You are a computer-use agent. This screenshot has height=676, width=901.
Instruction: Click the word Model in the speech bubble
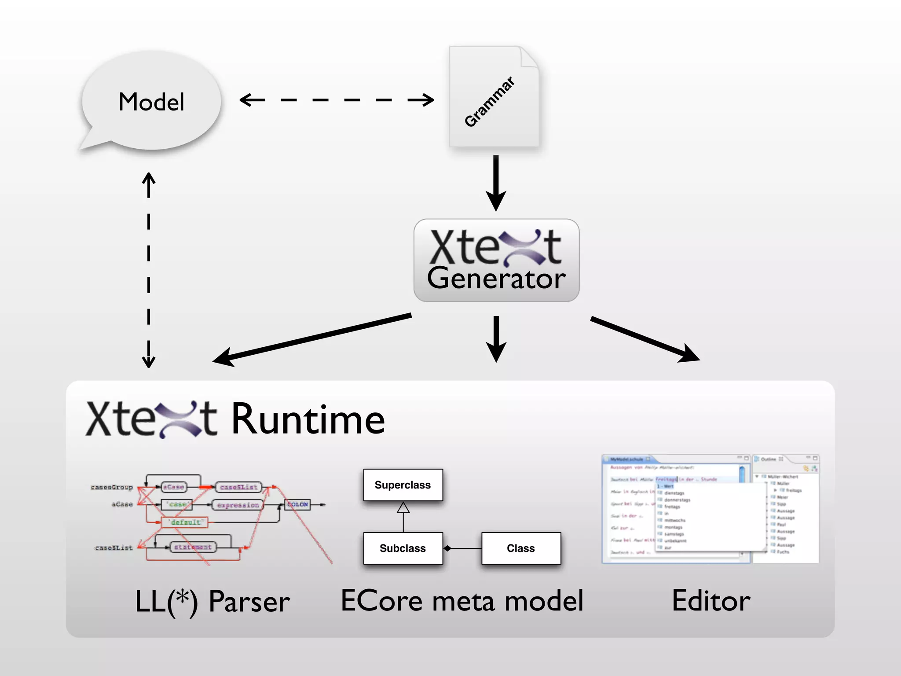coord(151,102)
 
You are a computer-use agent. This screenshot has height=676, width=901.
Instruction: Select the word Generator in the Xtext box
coord(496,279)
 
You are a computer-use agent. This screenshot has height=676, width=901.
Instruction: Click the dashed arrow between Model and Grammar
coord(337,100)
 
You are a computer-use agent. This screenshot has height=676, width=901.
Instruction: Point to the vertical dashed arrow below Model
coord(149,269)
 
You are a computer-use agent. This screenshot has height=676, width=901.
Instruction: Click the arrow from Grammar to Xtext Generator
coord(496,183)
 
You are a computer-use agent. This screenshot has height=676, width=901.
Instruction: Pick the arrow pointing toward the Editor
coord(645,338)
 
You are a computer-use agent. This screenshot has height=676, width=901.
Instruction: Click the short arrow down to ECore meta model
coord(496,338)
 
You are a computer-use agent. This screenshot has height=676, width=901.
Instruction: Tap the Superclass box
coord(403,485)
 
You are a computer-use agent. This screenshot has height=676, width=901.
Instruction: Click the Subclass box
coord(403,548)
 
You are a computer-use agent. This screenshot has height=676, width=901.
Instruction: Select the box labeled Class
coord(521,548)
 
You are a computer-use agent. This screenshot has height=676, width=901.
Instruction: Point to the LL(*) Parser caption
coord(212,601)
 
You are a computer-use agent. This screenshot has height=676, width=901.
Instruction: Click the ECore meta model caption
coord(462,601)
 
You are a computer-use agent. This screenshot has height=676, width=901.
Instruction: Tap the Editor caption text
coord(711,601)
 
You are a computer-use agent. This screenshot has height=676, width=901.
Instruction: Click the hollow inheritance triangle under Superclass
coord(403,508)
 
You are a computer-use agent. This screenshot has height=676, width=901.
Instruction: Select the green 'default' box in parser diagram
coord(185,522)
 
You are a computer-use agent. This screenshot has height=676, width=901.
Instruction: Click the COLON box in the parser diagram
coord(298,504)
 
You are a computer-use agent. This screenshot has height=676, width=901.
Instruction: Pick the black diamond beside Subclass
coord(447,548)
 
